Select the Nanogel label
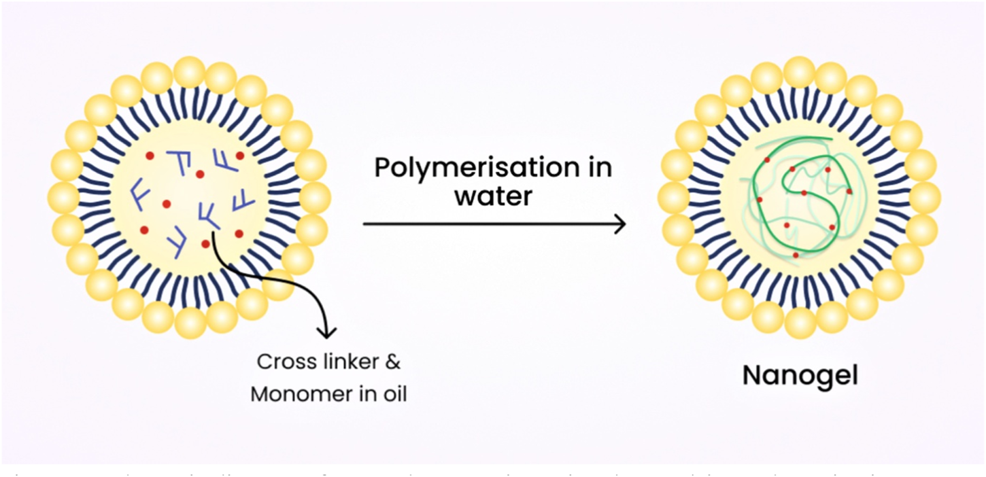800,375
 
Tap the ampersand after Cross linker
392,361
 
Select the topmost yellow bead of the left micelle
190,72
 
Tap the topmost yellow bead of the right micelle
800,72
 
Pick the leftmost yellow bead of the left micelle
65,197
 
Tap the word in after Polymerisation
597,168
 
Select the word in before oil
366,394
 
